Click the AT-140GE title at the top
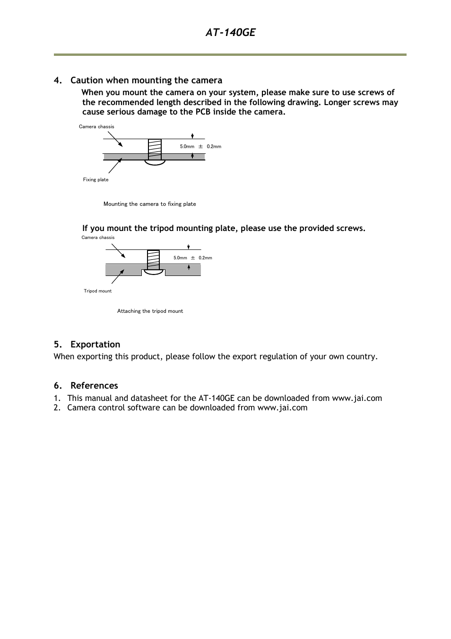click(230, 32)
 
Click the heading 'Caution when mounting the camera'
click(146, 80)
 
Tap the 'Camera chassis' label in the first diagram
click(96, 126)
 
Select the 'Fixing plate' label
click(95, 179)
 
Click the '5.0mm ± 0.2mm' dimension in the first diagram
click(200, 146)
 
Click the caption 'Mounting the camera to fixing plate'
click(149, 204)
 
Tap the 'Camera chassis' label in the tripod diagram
click(98, 238)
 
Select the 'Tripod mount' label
click(97, 291)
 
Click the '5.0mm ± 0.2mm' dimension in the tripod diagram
click(192, 258)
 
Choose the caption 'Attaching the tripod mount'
click(150, 311)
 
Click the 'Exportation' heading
click(95, 344)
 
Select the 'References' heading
click(94, 385)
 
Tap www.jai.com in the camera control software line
click(282, 408)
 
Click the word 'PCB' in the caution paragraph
click(203, 112)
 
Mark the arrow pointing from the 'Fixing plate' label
click(115, 166)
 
